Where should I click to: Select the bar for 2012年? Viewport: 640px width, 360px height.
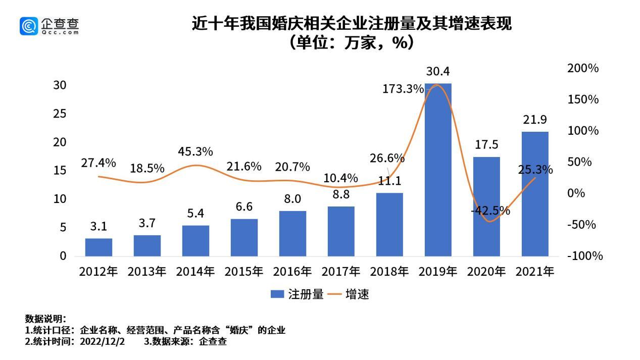coord(99,247)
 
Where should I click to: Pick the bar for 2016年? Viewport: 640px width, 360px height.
coord(292,233)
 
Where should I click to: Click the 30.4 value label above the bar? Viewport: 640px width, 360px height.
coord(437,71)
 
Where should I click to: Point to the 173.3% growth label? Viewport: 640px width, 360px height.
coord(403,89)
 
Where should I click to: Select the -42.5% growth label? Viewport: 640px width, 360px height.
coord(490,211)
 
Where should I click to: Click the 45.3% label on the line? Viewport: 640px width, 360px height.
coord(195,151)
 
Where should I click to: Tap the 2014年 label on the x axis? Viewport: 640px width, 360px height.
coord(195,272)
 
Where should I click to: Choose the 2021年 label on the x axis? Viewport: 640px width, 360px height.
coord(535,272)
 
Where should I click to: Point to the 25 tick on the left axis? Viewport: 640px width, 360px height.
coord(60,114)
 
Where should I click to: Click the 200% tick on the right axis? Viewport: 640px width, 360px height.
coord(583,68)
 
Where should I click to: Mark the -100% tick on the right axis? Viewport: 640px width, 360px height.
coord(585,256)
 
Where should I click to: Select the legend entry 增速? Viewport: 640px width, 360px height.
coord(349,294)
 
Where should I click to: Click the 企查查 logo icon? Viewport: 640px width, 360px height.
coord(29,26)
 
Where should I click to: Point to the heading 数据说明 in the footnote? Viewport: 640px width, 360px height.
coord(45,319)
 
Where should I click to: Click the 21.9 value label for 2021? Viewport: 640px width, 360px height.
coord(535,120)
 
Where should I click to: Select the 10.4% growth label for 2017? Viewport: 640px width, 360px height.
coord(341,178)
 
